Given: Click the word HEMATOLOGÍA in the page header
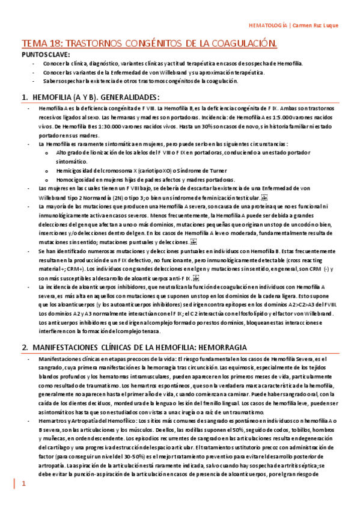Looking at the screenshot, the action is pyautogui.click(x=267, y=26).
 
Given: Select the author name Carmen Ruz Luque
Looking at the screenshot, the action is pyautogui.click(x=316, y=26).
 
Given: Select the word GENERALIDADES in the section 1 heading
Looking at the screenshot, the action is pyautogui.click(x=127, y=97).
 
